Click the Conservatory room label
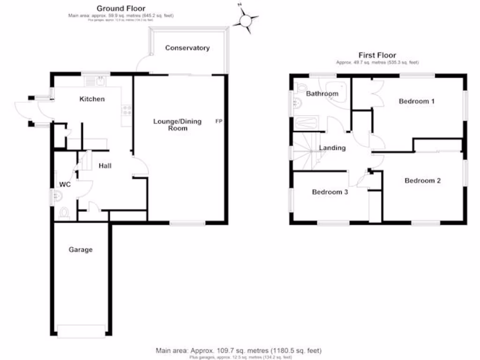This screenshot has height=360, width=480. coord(187,48)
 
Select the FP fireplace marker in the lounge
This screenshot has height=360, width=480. coord(219,121)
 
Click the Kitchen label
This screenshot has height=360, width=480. coord(92,99)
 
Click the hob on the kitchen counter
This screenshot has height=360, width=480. coord(127,111)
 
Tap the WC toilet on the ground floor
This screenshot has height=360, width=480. coord(64,213)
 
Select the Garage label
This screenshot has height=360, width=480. coord(81,250)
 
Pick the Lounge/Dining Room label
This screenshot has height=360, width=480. coord(178,125)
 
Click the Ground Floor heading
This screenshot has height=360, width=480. coord(121,8)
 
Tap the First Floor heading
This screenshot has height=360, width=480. coord(377,55)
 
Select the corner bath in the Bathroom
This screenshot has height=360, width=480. coord(337,94)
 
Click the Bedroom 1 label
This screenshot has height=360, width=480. coord(417,101)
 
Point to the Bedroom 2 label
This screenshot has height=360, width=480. coord(423,180)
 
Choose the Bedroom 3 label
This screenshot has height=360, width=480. coord(330,192)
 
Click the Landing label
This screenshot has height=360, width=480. coord(332,148)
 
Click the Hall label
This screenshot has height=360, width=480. coord(105,165)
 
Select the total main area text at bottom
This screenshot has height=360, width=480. coord(239,351)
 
